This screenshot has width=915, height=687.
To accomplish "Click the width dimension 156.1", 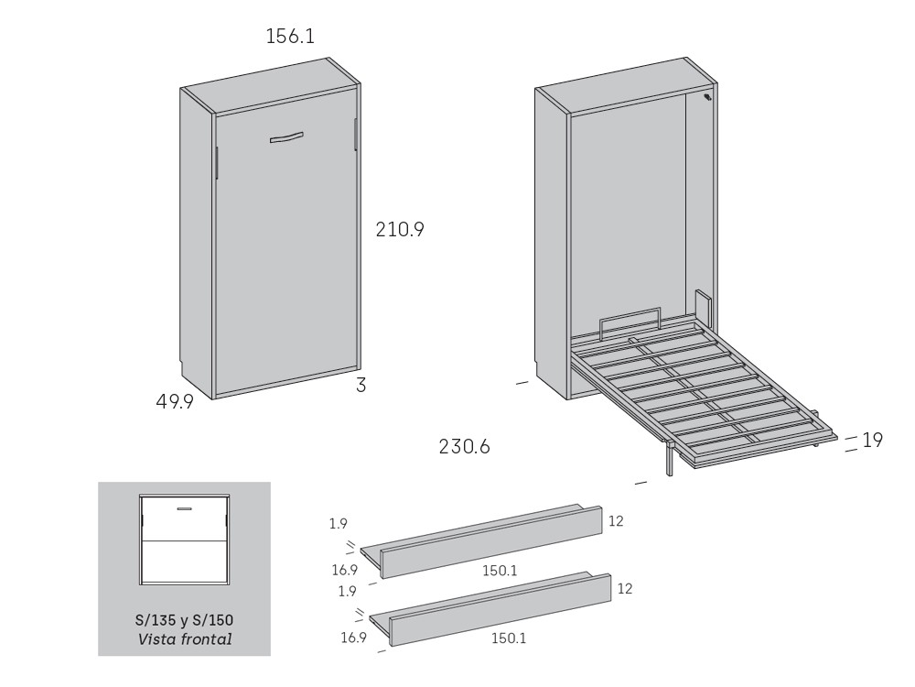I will click(290, 37).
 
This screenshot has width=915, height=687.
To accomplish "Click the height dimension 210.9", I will click(400, 230).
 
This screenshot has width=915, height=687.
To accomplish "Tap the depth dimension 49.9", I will click(174, 402).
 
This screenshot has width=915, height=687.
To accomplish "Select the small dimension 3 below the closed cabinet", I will click(361, 386).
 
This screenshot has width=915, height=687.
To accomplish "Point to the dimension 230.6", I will click(465, 448).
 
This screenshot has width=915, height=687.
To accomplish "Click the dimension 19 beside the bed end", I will click(872, 441).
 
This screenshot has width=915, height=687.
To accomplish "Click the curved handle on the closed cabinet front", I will click(286, 138).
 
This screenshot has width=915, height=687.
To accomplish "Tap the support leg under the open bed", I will click(672, 458).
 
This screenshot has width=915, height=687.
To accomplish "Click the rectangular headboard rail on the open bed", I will click(630, 323).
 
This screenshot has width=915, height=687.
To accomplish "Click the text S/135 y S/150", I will click(184, 619).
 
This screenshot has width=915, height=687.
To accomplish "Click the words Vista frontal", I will click(184, 638).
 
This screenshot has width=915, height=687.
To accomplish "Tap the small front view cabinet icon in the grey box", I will click(184, 540).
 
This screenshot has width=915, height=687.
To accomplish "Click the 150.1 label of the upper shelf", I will click(500, 571).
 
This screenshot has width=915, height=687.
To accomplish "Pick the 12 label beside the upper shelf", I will click(616, 521).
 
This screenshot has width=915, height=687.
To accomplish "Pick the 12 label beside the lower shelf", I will click(624, 589).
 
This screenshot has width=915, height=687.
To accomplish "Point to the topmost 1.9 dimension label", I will click(339, 525).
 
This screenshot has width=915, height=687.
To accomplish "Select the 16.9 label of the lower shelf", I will click(354, 638).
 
